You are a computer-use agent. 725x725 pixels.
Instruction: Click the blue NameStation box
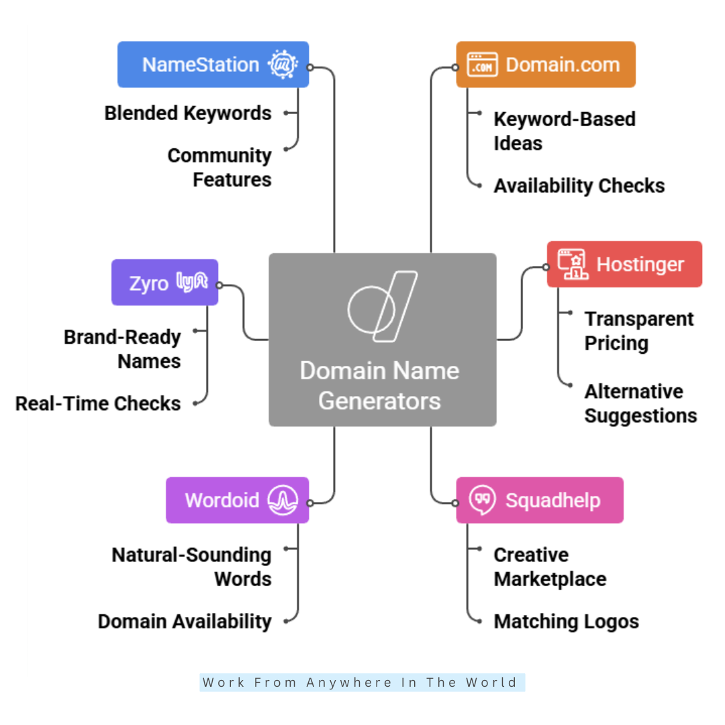tap(213, 64)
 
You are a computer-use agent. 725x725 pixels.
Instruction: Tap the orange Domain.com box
tap(545, 64)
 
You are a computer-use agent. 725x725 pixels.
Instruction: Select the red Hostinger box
tap(624, 264)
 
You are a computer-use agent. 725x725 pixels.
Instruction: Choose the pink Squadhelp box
tap(540, 500)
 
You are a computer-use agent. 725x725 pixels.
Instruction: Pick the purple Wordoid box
tap(237, 500)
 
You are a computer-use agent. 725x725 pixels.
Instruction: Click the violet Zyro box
tap(164, 282)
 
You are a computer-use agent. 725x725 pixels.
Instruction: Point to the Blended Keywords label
tap(188, 113)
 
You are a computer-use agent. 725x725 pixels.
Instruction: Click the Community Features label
tap(220, 168)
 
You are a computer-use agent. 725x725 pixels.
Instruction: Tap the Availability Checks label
tap(579, 186)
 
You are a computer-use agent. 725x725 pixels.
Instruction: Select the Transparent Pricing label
tap(638, 331)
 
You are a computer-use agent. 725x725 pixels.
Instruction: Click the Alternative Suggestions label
tap(640, 403)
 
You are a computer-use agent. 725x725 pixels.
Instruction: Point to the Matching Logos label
tap(566, 622)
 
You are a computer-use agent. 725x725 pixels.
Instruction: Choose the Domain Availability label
tap(185, 622)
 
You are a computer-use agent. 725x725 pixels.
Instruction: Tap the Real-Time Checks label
tap(98, 403)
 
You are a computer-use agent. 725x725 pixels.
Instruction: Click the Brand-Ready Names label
tap(123, 349)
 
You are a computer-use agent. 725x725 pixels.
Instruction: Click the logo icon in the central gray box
tap(382, 307)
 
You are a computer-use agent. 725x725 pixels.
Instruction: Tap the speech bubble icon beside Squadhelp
tap(482, 500)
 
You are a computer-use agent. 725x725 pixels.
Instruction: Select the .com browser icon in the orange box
tap(482, 64)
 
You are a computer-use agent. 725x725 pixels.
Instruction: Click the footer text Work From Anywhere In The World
tap(361, 683)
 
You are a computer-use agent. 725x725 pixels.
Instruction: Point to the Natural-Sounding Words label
tap(192, 567)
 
